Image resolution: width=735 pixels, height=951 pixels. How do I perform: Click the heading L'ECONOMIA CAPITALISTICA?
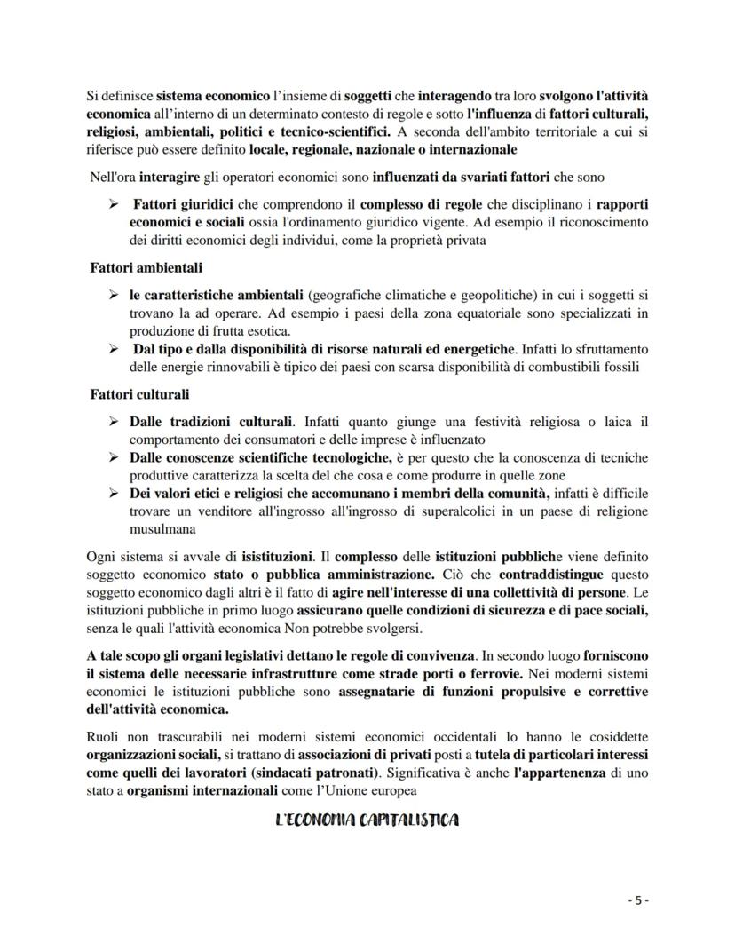tap(367, 820)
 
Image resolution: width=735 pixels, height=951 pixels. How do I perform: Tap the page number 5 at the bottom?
tap(638, 900)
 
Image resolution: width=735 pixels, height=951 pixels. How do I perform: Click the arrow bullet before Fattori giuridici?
tap(114, 203)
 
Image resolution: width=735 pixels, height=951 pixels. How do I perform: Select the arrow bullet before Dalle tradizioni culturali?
tap(114, 421)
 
